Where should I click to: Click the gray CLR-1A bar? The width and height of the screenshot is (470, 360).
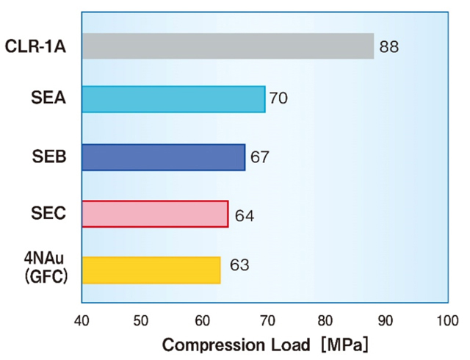228,46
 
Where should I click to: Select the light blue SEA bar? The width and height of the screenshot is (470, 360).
173,98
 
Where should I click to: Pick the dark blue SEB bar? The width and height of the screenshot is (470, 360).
163,157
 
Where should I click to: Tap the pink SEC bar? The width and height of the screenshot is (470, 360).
155,214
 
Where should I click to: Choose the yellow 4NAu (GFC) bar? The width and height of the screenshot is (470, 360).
151,270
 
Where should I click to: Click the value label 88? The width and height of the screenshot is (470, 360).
389,48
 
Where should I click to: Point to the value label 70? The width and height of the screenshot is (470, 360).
278,98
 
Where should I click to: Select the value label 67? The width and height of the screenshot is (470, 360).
260,156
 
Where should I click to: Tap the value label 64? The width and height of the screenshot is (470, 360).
244,216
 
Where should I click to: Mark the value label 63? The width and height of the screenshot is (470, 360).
239,264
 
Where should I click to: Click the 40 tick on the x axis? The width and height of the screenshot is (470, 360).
82,320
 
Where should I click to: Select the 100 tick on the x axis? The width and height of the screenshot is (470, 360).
446,320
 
